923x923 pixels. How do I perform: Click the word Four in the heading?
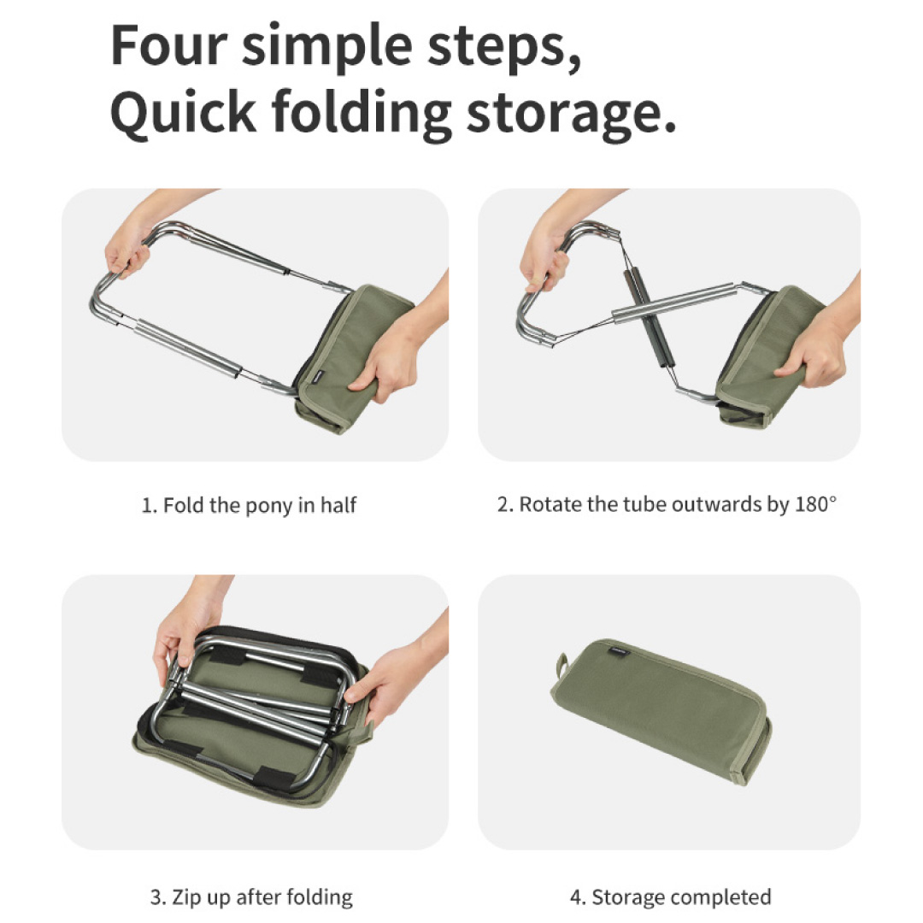[169, 45]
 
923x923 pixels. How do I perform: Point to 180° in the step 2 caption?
[815, 504]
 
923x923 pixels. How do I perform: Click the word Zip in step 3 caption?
[184, 897]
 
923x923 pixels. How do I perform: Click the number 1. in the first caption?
[150, 506]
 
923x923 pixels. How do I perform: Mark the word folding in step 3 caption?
[319, 898]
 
